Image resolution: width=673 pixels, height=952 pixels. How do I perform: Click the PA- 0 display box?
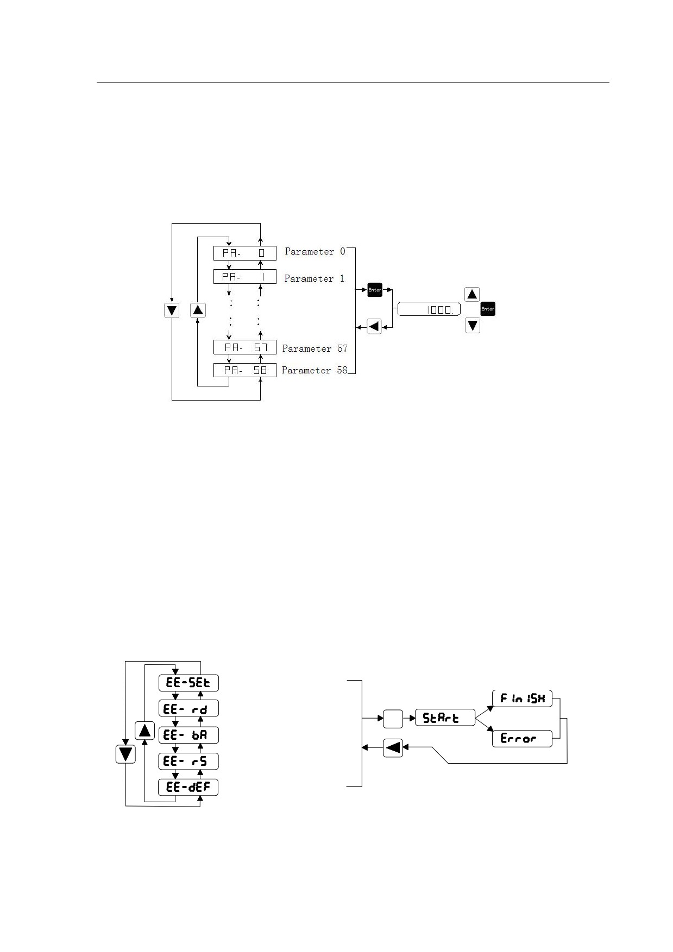coord(244,253)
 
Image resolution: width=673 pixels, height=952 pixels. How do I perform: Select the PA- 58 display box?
coord(244,370)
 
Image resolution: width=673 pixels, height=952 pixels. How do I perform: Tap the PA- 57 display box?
coord(244,347)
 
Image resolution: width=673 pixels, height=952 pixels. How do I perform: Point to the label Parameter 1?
coord(315,278)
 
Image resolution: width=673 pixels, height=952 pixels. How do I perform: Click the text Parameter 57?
coord(315,348)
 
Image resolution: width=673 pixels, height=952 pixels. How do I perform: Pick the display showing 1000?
coord(429,309)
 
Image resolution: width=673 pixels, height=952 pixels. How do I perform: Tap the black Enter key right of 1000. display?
coord(488,309)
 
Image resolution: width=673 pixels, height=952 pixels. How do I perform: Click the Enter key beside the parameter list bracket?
coord(375,290)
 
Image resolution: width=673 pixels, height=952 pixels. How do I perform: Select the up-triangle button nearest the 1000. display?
coord(473,295)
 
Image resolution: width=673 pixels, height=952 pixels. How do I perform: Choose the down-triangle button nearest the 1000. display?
coord(473,326)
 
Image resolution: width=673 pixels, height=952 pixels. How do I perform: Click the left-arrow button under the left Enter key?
coord(374,327)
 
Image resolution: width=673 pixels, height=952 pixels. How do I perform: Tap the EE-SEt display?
coord(188,683)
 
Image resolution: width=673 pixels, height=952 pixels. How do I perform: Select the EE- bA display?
coord(188,735)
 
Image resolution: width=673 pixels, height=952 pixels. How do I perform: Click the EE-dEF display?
coord(188,787)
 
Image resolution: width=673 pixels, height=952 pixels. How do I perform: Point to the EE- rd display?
coord(188,709)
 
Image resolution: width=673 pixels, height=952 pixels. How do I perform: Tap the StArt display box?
coord(445,718)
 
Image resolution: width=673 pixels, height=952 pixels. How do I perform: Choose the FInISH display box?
coord(523,699)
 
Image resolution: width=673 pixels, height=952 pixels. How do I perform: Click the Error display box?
coord(523,739)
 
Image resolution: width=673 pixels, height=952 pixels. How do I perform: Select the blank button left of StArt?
coord(393,719)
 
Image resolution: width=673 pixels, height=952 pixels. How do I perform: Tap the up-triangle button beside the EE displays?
coord(144,730)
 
